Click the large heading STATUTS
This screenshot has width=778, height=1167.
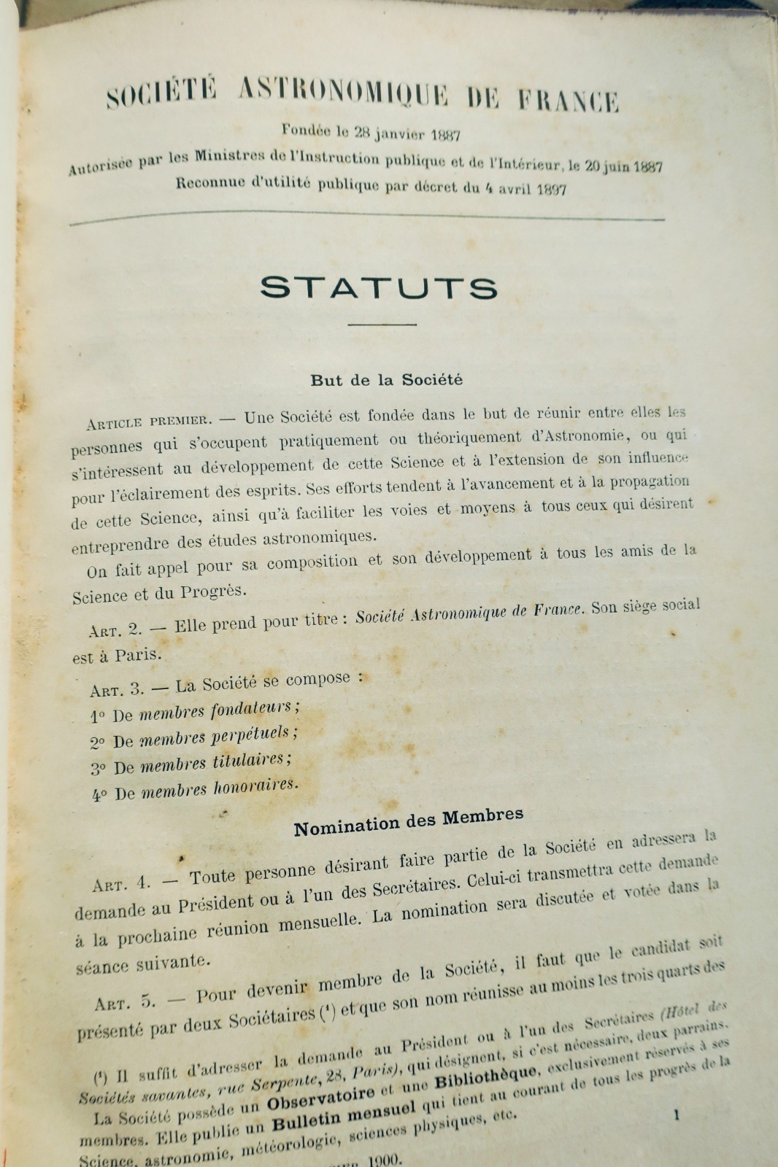pyautogui.click(x=379, y=287)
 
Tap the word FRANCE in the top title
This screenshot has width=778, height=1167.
pyautogui.click(x=569, y=100)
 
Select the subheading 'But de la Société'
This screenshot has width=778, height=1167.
pyautogui.click(x=386, y=380)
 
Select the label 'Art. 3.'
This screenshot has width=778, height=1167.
pyautogui.click(x=118, y=689)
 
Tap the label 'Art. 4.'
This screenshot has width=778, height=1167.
pyautogui.click(x=121, y=885)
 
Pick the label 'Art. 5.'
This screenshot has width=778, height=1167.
pyautogui.click(x=125, y=1003)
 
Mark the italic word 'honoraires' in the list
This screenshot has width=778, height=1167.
pyautogui.click(x=255, y=787)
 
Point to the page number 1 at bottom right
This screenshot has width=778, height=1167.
pyautogui.click(x=677, y=1114)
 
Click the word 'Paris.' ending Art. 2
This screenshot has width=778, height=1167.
pyautogui.click(x=138, y=654)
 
